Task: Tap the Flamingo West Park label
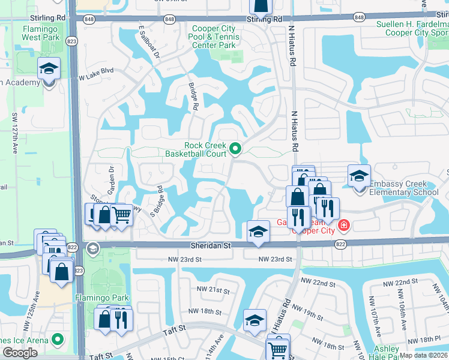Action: click(44, 34)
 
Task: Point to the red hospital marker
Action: click(343, 226)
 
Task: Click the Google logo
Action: click(20, 352)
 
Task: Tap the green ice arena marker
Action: click(58, 340)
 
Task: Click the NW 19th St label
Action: click(309, 314)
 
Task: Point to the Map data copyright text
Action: click(423, 355)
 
